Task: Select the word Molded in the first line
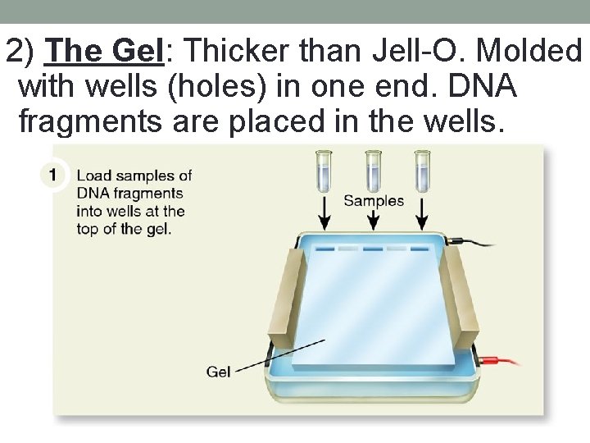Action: click(x=529, y=52)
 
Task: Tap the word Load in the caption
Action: click(x=93, y=176)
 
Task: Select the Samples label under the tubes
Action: click(x=374, y=201)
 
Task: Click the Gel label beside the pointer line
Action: click(x=218, y=372)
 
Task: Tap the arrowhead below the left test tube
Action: click(x=324, y=223)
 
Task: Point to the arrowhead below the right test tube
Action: click(x=422, y=223)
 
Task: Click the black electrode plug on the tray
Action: click(x=459, y=241)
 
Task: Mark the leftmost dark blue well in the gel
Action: click(x=324, y=249)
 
